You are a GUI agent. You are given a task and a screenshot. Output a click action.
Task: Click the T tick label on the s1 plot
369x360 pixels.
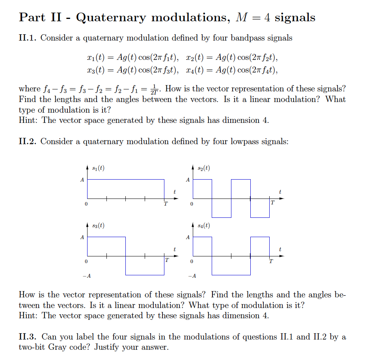(x=166, y=204)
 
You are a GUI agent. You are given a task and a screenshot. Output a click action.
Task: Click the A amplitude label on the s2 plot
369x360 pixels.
(x=188, y=180)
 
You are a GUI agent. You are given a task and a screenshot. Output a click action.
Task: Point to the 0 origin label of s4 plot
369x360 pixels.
(x=192, y=262)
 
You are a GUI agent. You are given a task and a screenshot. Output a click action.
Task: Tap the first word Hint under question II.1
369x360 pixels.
(x=28, y=120)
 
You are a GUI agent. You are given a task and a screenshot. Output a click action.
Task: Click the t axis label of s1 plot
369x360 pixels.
(x=174, y=192)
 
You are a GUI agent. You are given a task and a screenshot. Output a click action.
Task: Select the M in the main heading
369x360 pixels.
(x=241, y=18)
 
